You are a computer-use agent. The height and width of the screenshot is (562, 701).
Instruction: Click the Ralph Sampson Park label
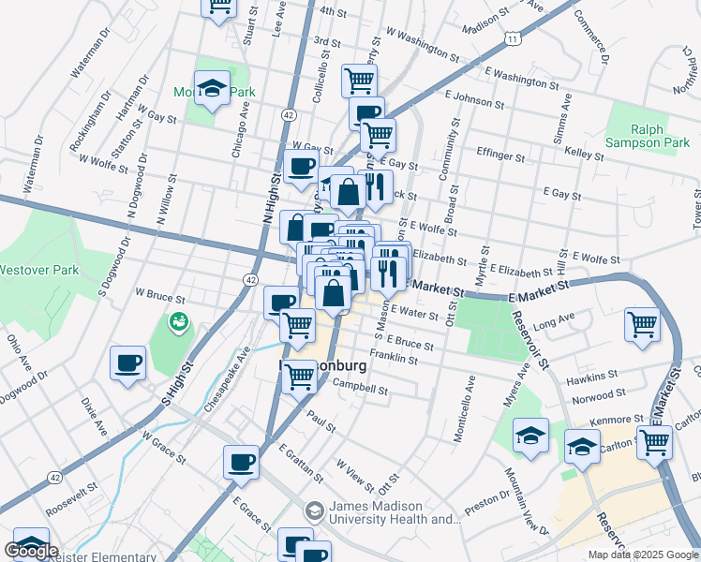click(x=647, y=137)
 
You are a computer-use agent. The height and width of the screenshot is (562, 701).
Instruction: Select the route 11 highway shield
click(x=511, y=38)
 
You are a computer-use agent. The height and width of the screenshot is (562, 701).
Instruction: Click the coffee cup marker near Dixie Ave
click(x=127, y=363)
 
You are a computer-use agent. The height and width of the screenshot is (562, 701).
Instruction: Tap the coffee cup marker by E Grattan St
click(x=242, y=462)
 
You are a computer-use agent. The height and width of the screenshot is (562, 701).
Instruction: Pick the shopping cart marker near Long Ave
click(x=643, y=325)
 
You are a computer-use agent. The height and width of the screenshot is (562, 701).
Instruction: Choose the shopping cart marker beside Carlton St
click(x=654, y=442)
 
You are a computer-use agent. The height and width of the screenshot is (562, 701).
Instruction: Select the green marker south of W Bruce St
click(x=177, y=322)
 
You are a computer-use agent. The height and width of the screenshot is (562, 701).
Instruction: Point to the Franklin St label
click(x=393, y=356)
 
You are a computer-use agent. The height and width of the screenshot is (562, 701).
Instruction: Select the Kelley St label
click(x=583, y=152)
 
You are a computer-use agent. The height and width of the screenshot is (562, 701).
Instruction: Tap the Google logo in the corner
click(x=31, y=551)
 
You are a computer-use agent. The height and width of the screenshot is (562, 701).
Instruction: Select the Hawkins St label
click(x=590, y=379)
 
